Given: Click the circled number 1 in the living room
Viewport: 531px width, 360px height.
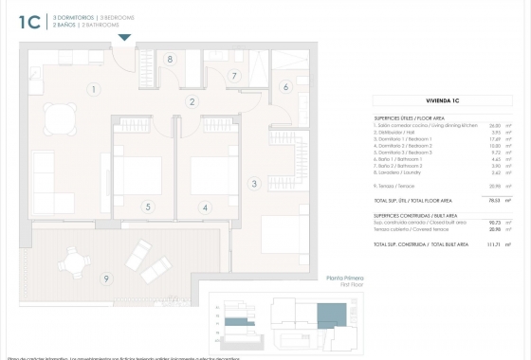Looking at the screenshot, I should point(94,90).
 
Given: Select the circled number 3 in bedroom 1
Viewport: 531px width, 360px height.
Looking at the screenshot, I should point(254,184).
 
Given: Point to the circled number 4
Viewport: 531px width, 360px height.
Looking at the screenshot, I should point(205,207).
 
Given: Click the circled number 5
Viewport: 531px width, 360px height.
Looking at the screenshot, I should point(148,207).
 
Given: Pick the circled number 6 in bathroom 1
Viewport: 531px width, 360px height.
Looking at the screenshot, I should point(284,87).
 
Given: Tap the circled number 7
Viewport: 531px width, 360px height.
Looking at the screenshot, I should point(234,77).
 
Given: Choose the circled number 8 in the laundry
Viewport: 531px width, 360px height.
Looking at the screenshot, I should point(170,59).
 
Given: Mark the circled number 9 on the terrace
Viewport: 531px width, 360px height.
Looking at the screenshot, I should point(106,278).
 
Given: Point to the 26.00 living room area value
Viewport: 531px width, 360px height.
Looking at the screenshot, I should point(494,125).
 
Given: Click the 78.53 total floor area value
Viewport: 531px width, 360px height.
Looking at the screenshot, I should point(494,201).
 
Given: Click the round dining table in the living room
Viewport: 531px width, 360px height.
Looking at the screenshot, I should point(61,118).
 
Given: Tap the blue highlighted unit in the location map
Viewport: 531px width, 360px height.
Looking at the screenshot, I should point(332,314).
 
